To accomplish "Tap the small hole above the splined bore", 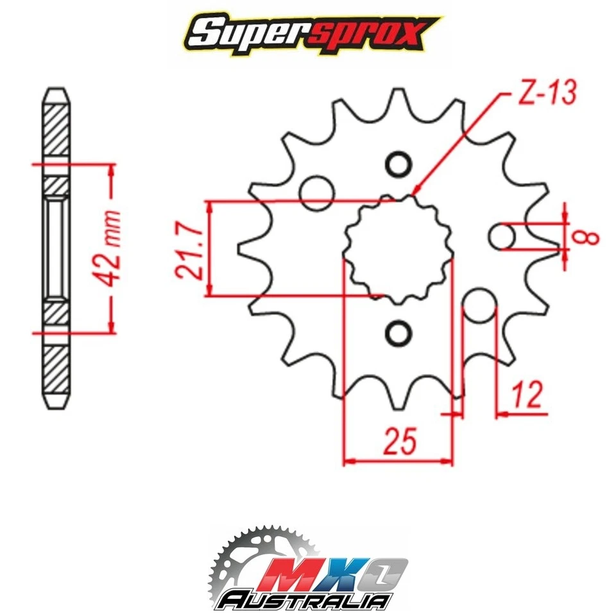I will pos(398,164).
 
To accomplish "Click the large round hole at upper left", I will pos(316,193).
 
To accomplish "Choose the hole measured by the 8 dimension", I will pos(502,237).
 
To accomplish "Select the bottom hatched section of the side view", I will pos(56,370).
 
